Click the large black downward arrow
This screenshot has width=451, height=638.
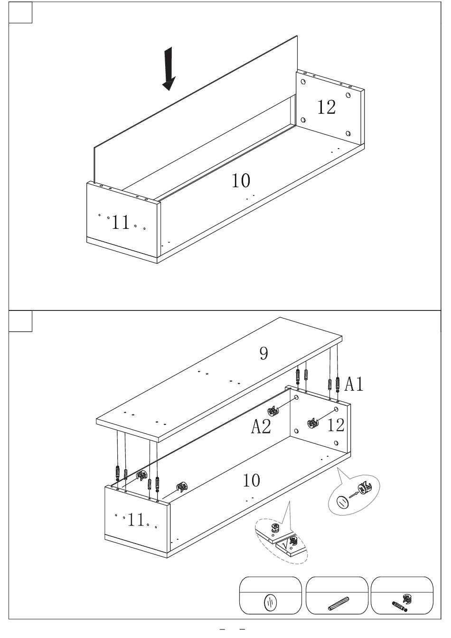click(x=169, y=69)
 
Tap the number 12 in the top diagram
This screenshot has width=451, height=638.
click(x=327, y=107)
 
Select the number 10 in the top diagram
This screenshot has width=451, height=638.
click(x=241, y=180)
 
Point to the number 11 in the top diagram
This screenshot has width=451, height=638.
click(x=121, y=222)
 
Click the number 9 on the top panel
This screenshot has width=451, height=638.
click(x=264, y=354)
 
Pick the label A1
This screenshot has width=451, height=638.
click(x=354, y=384)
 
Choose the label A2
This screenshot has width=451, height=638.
click(x=261, y=426)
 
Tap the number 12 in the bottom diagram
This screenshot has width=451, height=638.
click(x=336, y=425)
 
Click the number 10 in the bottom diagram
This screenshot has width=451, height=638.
click(x=251, y=480)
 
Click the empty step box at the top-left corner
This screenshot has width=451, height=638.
click(x=20, y=12)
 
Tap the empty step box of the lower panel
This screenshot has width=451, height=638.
click(x=20, y=321)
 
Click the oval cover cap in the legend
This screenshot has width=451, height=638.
click(x=271, y=602)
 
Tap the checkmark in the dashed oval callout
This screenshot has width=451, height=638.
click(x=285, y=545)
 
